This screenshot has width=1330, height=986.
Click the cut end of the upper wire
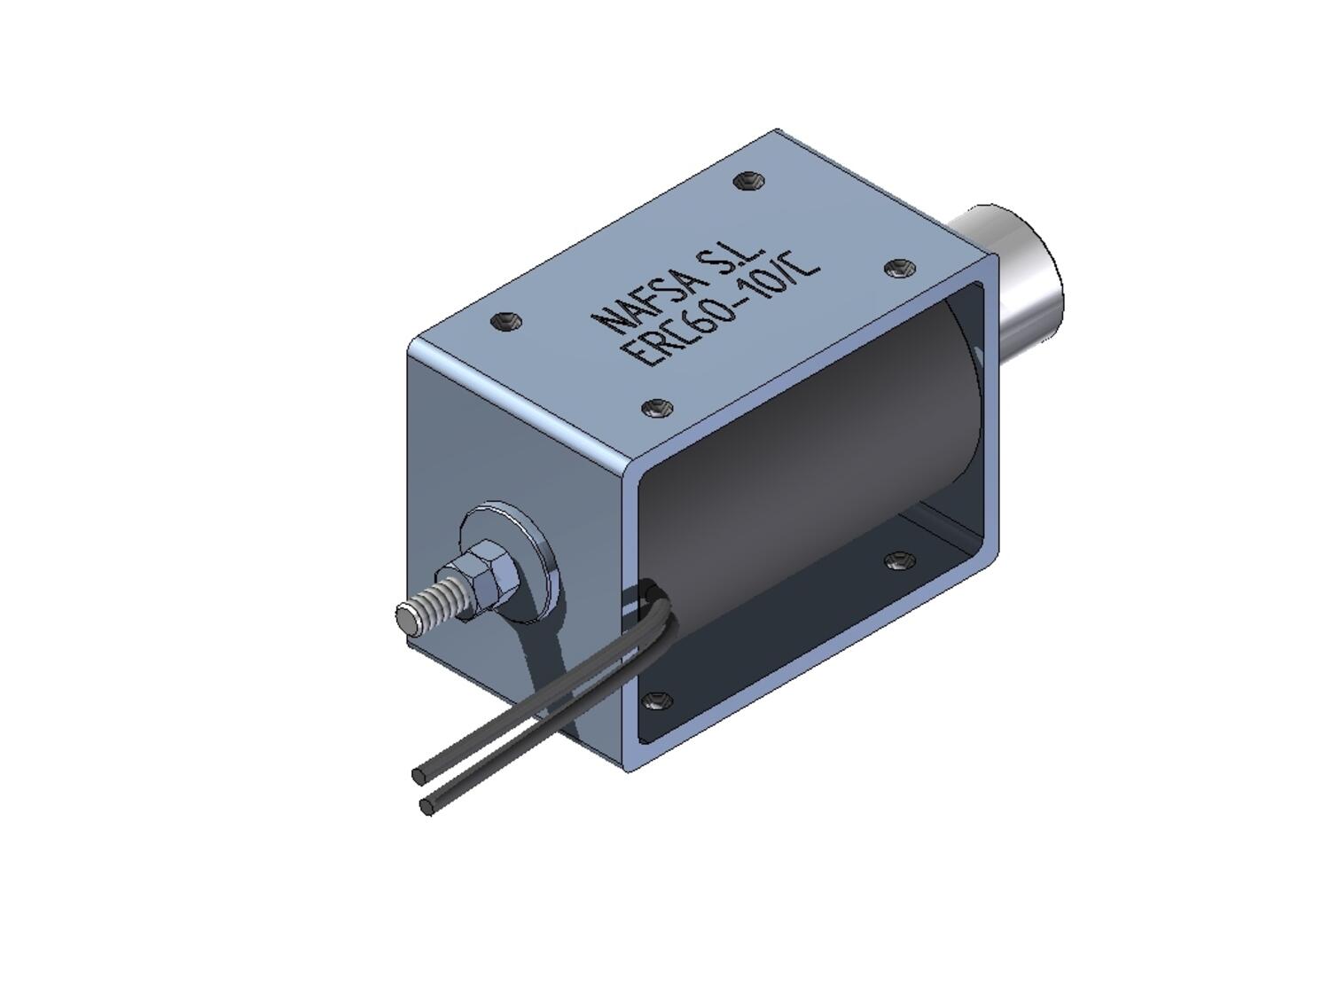click(419, 776)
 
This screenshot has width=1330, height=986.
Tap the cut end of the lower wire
click(427, 806)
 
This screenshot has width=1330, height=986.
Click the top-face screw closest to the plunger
click(899, 267)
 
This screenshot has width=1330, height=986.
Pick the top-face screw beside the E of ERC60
click(657, 408)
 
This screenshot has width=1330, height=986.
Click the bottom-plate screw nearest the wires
click(657, 700)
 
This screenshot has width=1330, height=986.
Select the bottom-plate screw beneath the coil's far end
click(899, 560)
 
